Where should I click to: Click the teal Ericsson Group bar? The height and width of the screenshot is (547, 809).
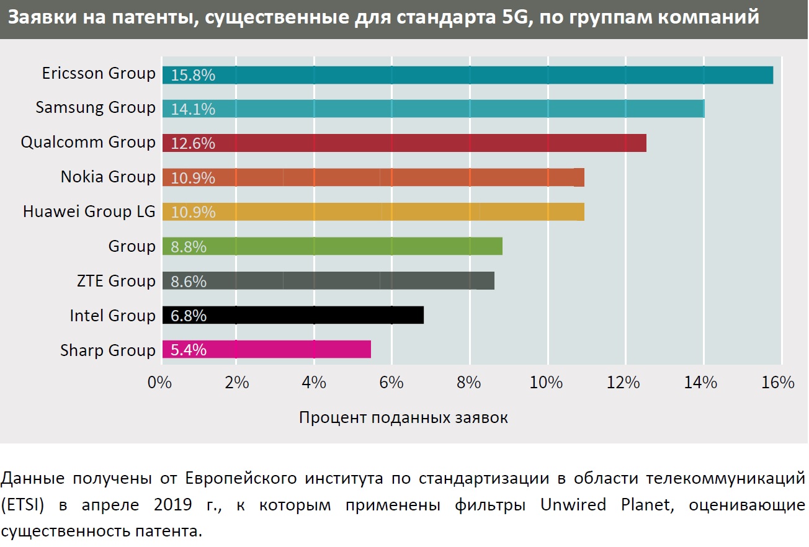pos(468,75)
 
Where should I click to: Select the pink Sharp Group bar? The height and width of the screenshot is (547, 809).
pos(267,350)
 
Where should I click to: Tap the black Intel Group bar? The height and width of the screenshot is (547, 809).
pos(293,315)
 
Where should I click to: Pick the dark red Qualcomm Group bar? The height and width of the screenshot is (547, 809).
pos(404,143)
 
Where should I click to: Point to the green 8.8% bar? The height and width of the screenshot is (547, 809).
pos(333,246)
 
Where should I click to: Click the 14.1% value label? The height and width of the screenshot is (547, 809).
pos(193,109)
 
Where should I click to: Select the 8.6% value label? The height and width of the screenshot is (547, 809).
pos(189,281)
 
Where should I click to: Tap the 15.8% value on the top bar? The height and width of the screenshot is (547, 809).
pos(193,75)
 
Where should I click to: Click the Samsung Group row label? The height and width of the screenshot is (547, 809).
pos(96,107)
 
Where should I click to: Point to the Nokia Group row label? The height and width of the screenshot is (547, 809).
pos(108,177)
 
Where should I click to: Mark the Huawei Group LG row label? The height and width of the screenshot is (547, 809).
pos(89,211)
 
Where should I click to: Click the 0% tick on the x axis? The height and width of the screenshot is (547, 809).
pos(159,383)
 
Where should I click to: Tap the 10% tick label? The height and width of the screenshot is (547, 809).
pos(547,383)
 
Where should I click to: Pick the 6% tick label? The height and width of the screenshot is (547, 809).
pos(391,383)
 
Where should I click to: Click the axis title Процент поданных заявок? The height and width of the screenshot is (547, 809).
pos(403,417)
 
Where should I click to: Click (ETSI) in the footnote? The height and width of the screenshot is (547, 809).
pos(24,505)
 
